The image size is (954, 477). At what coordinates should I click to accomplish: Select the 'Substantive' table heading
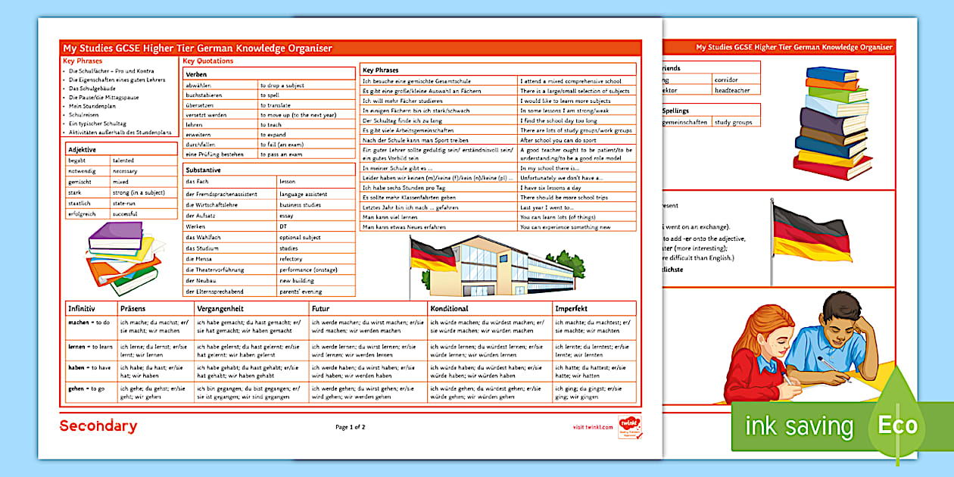203,170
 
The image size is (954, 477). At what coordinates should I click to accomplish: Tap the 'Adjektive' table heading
82,150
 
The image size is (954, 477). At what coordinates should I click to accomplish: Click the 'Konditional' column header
449,309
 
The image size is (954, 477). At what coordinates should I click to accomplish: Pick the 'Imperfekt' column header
571,309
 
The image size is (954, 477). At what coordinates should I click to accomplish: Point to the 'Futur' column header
321,309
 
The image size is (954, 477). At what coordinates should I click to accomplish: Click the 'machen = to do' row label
89,322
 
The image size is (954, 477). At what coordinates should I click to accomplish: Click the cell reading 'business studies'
300,204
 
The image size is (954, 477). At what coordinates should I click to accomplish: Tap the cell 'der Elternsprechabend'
214,291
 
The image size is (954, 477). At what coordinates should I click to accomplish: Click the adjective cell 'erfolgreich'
82,214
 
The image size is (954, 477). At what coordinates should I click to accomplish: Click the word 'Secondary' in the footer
98,426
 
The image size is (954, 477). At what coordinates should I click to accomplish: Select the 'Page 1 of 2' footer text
351,427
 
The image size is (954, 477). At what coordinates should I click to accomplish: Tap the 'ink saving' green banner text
799,426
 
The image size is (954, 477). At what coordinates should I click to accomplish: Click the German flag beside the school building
433,257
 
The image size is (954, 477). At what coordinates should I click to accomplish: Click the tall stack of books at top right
834,121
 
